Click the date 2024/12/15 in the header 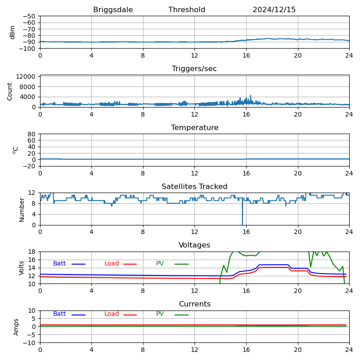(274, 10)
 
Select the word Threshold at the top (187, 10)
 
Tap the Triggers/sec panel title (194, 69)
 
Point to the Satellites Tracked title (194, 187)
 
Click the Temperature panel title (194, 128)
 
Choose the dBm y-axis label (13, 32)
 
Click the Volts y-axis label (22, 268)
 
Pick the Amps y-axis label (16, 327)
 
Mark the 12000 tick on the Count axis (27, 77)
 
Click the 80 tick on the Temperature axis (31, 134)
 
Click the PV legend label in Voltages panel (160, 264)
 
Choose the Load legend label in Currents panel (112, 314)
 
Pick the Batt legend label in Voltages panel (59, 264)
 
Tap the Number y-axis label (22, 210)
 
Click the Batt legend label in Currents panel (59, 314)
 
